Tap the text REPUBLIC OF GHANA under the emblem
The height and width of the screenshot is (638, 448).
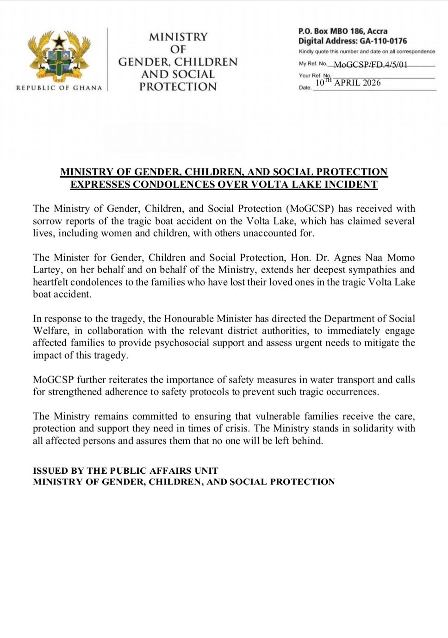pos(59,87)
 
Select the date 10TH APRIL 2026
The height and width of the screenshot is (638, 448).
pos(348,83)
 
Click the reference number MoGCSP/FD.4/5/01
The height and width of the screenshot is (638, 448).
pos(371,65)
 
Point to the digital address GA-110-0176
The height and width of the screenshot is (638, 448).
pos(383,41)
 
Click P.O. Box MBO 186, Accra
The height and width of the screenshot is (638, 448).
pos(342,31)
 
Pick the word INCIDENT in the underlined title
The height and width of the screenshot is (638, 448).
pos(353,185)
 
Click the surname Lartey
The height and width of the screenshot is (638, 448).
pos(45,270)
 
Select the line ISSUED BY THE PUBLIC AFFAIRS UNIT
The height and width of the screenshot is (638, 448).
pos(125,471)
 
